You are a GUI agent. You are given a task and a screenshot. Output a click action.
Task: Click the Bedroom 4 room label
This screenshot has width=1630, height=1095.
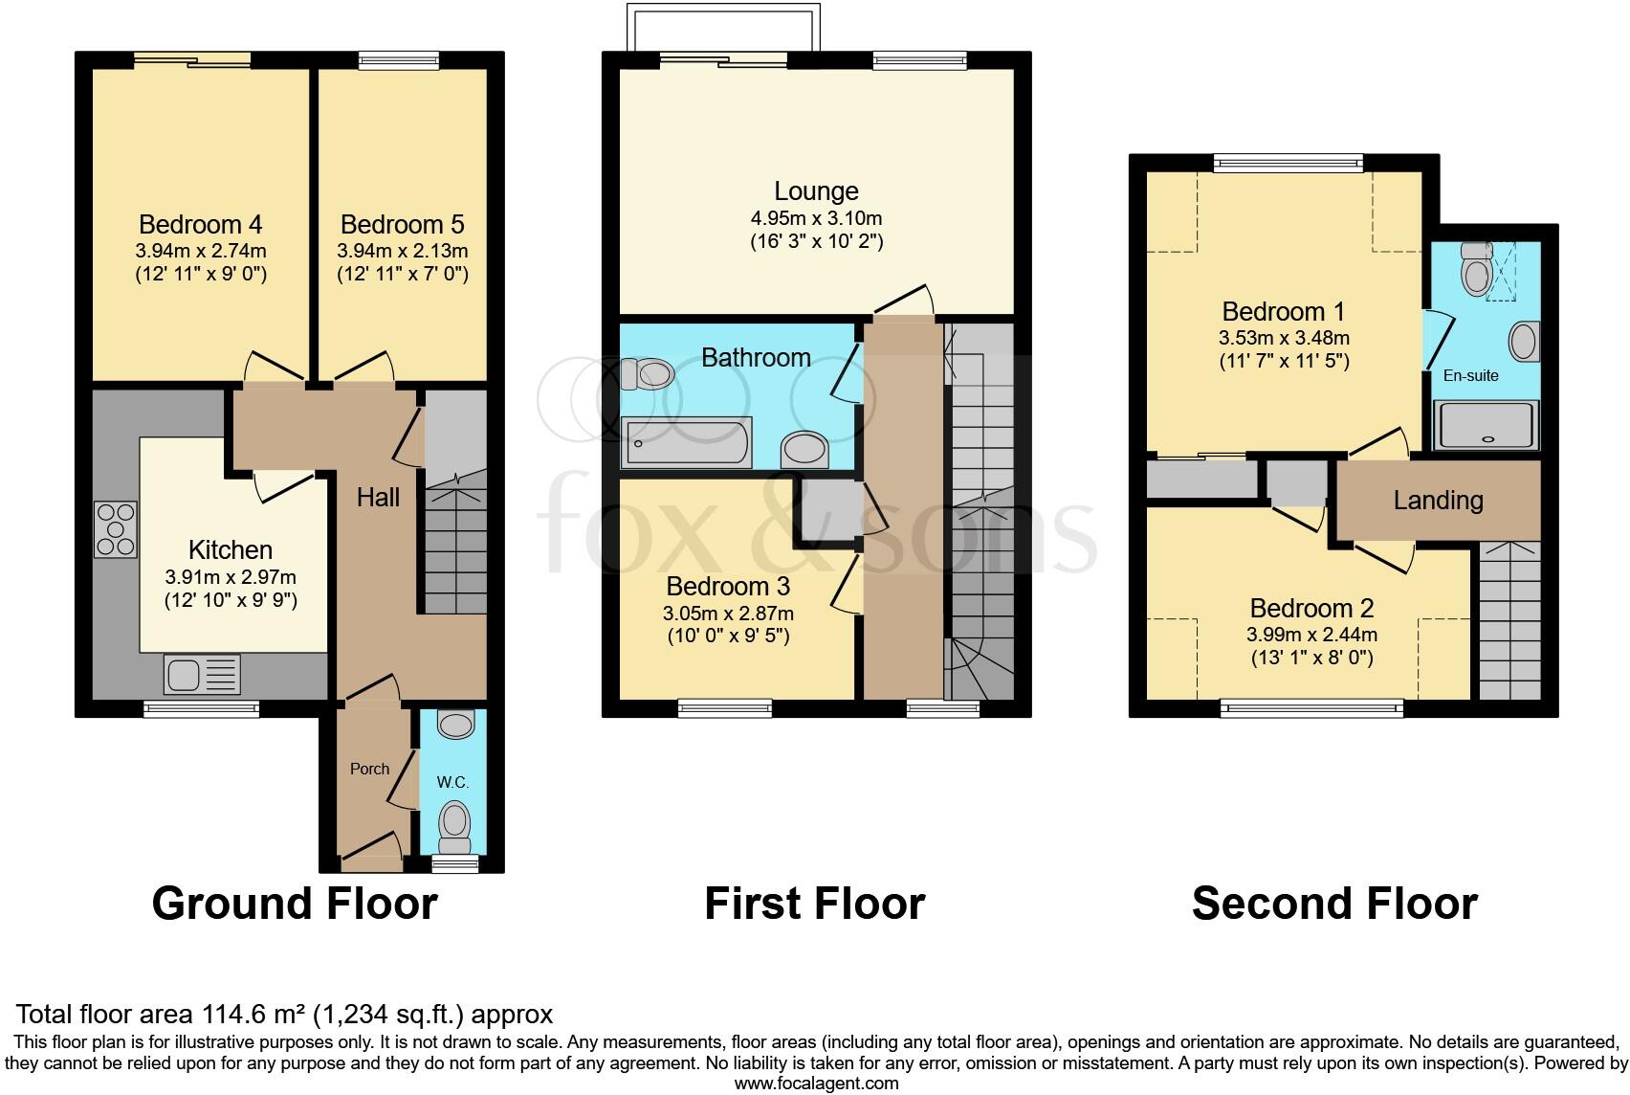[x=201, y=225]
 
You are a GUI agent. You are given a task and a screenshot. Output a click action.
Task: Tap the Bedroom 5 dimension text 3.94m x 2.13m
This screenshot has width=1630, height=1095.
[x=402, y=251]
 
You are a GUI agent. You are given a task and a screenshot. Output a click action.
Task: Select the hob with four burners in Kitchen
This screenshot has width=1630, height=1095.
[x=116, y=529]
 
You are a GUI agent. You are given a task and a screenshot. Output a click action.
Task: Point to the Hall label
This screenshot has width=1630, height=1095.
[x=378, y=497]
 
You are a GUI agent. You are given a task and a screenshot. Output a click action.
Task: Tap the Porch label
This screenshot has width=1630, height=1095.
[x=369, y=769]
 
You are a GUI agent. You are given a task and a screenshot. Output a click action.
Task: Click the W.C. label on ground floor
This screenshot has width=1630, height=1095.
[x=452, y=782]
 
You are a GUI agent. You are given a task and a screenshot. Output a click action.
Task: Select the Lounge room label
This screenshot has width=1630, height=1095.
[x=816, y=191]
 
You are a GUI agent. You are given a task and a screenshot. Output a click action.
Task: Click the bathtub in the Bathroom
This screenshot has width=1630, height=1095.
[x=687, y=444]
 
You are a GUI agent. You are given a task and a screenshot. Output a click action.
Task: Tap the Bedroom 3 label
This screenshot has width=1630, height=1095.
[x=728, y=587]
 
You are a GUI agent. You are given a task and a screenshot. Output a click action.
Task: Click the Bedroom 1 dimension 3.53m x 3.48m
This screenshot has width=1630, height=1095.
[x=1284, y=338]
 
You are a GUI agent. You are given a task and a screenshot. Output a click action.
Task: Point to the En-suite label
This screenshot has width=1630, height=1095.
[x=1470, y=375]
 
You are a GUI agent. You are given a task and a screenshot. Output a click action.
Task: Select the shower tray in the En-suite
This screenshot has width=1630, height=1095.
[x=1487, y=426]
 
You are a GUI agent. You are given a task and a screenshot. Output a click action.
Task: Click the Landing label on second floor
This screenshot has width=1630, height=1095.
[x=1438, y=500]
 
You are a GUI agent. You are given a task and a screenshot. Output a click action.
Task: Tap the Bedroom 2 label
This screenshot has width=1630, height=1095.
[x=1311, y=609]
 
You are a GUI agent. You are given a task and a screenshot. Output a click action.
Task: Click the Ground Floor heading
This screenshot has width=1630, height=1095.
[x=295, y=904]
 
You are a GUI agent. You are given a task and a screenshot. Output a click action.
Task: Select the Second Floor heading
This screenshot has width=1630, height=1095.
[x=1334, y=904]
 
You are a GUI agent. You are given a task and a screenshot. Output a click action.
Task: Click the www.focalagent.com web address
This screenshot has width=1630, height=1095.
[x=816, y=1084]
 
